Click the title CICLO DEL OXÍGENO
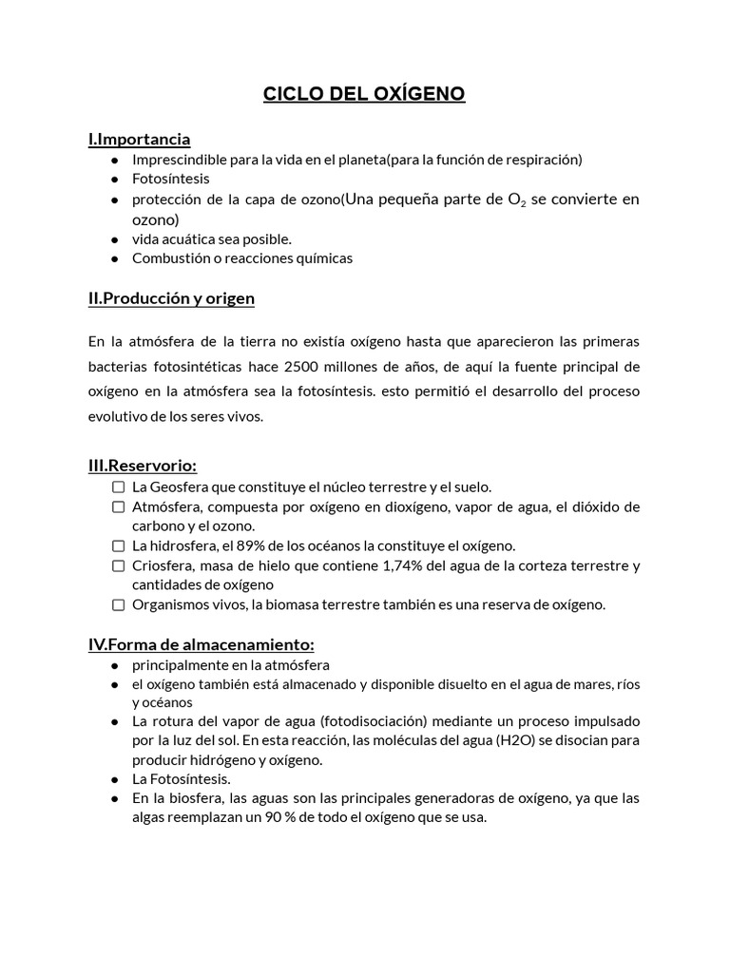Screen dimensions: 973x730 point(364,94)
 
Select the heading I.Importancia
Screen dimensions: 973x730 point(139,139)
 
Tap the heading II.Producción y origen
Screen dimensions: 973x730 point(171,298)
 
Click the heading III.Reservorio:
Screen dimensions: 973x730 point(143,466)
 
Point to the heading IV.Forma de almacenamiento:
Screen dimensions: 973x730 point(201,644)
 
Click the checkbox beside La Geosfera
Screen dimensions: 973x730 point(118,486)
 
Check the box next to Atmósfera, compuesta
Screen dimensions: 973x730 point(118,506)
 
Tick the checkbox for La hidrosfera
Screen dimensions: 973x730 point(118,546)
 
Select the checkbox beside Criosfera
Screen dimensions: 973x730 point(118,566)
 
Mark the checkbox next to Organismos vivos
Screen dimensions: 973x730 point(118,605)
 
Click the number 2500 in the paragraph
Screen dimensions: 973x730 point(303,367)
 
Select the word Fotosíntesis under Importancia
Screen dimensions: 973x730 point(171,179)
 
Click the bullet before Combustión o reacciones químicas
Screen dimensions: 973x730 point(114,258)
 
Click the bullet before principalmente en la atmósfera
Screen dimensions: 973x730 point(114,665)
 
